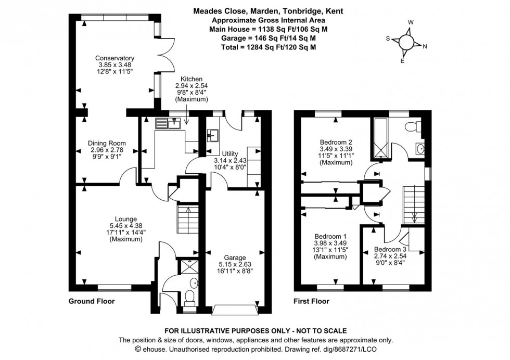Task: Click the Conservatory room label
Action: pos(114,58)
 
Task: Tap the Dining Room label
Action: pos(107,143)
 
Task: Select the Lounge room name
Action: pos(125,219)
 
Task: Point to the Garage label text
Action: pos(235,257)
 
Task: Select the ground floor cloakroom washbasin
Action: pos(194,284)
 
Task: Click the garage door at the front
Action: pos(235,310)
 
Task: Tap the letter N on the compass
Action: pos(425,47)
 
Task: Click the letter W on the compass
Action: pos(410,22)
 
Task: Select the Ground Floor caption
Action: pos(92,301)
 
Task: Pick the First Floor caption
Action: pos(311,301)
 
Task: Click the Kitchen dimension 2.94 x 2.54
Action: pos(192,86)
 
